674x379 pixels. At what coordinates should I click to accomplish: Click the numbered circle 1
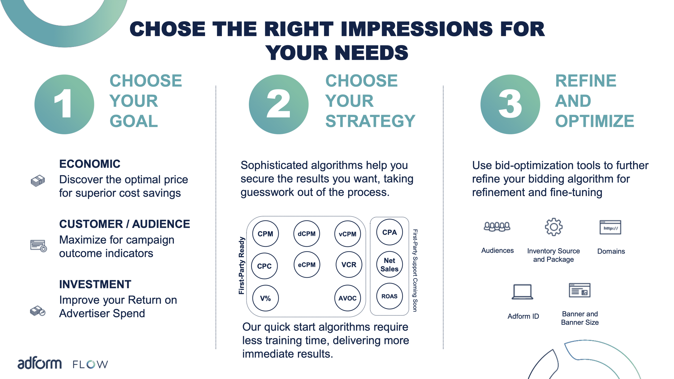tap(64, 104)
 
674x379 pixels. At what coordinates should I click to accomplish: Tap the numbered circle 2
tap(279, 104)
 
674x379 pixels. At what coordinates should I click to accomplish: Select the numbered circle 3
tap(510, 104)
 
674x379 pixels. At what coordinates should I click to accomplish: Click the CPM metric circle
tap(265, 234)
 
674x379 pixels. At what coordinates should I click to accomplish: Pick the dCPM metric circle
tap(306, 234)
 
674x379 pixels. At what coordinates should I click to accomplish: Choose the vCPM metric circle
tap(347, 234)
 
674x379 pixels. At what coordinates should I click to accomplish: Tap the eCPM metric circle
tap(307, 265)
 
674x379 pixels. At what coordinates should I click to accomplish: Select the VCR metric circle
tap(349, 265)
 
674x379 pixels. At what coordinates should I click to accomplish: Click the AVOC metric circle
tap(347, 298)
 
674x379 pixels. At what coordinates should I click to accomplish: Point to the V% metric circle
tap(265, 298)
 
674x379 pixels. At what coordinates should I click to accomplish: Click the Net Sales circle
tap(389, 264)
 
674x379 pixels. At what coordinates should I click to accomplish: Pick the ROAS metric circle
tap(389, 296)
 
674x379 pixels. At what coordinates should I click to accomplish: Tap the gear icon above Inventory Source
tap(553, 227)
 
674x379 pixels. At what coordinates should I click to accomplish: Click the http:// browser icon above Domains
tap(610, 227)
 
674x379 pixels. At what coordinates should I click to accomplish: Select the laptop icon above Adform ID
tap(522, 292)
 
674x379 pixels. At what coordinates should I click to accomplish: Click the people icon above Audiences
tap(497, 226)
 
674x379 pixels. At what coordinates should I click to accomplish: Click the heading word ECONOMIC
tap(90, 164)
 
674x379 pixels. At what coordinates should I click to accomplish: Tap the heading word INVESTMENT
tap(95, 284)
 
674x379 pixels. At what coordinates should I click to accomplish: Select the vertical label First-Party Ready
tap(241, 266)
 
